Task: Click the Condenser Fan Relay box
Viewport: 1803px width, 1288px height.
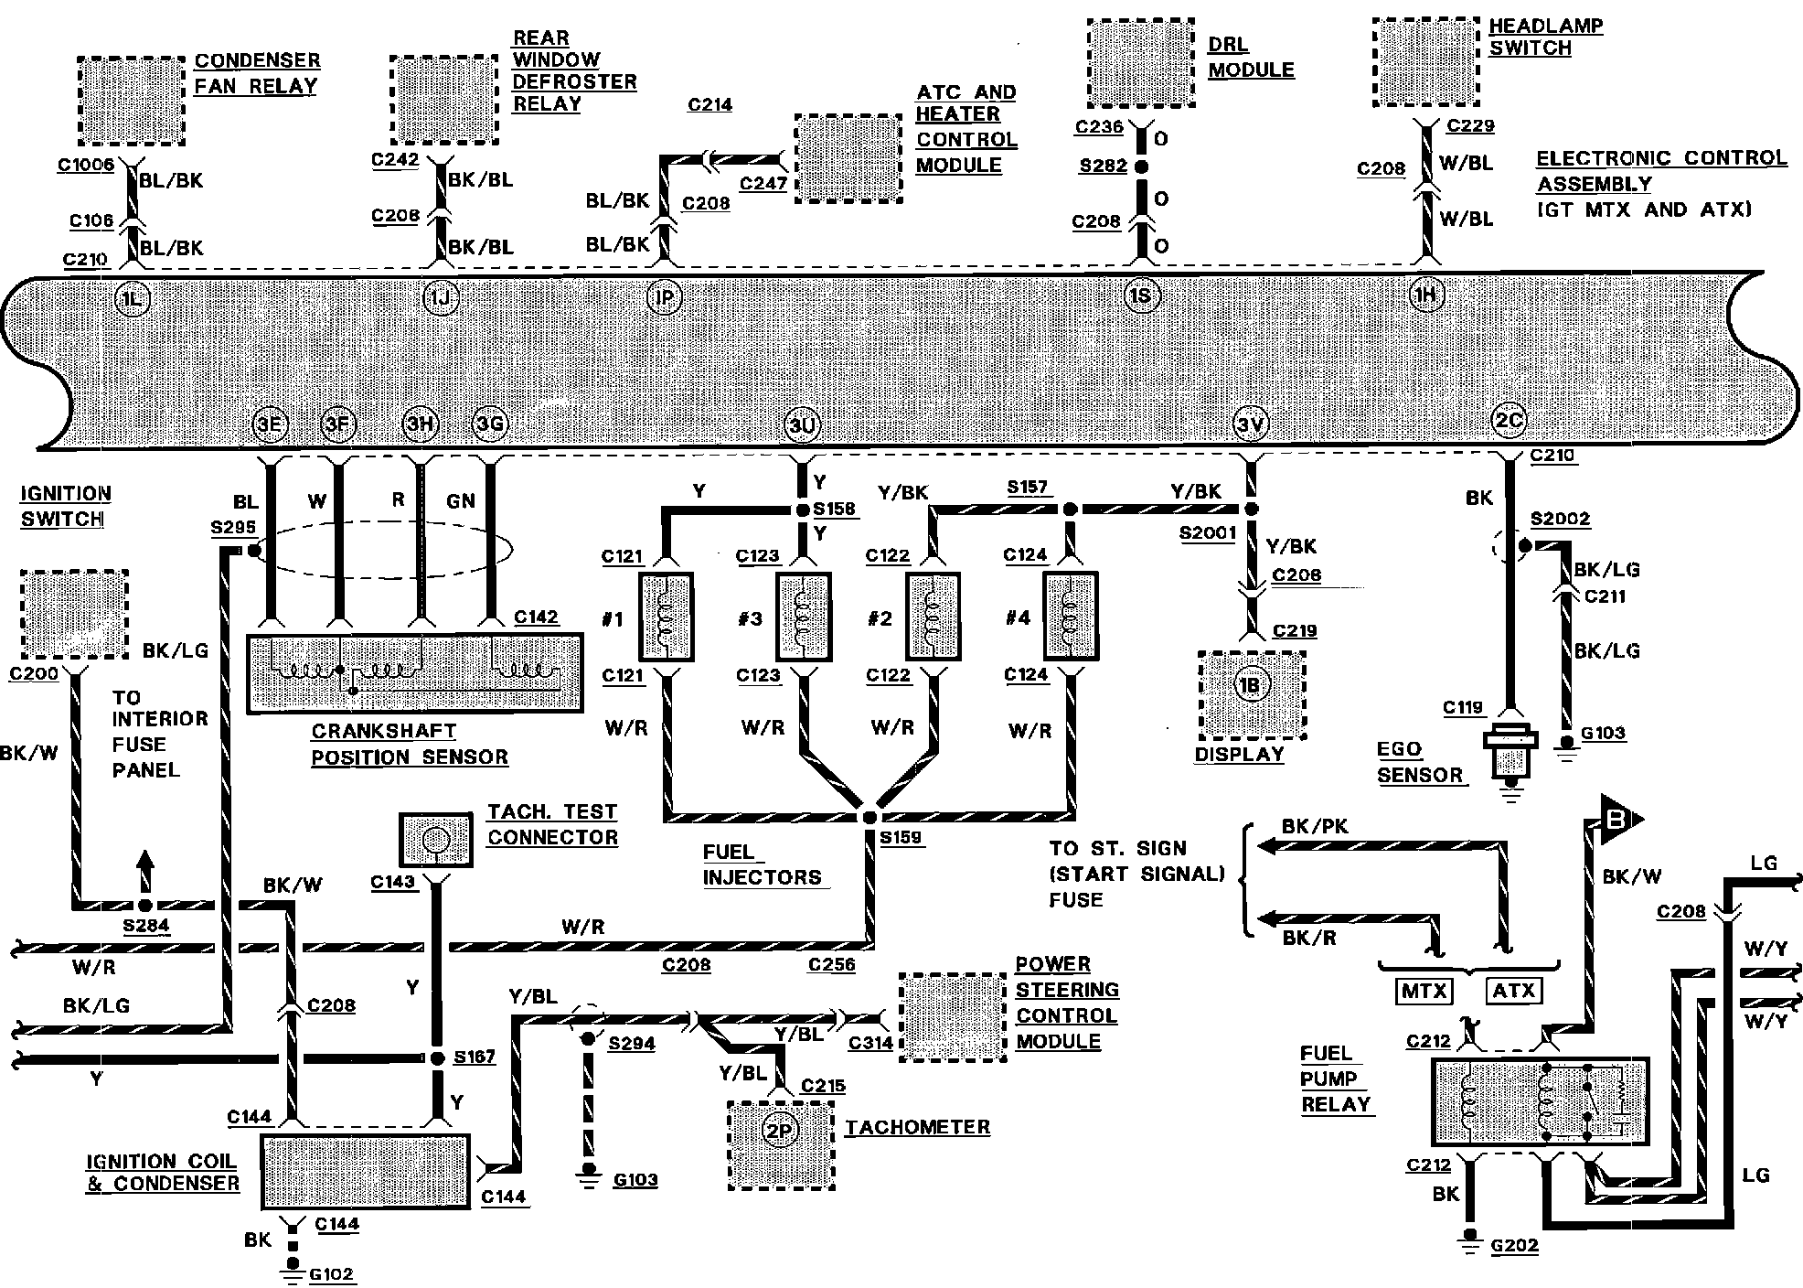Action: coord(131,100)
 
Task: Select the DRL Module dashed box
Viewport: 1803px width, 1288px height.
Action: coord(1140,63)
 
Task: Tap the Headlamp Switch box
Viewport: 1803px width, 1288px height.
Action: coord(1426,62)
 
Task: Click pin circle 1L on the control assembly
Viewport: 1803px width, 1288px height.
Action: coord(133,299)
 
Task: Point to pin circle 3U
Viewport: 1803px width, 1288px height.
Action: coord(802,425)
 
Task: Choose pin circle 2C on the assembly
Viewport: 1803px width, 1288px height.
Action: coord(1509,420)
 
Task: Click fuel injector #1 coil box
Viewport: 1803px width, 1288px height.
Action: coord(667,617)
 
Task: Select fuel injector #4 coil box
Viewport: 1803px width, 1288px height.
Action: coord(1071,617)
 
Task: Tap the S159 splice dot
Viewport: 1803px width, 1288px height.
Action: coord(869,817)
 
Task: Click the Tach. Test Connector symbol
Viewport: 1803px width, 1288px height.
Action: coord(435,839)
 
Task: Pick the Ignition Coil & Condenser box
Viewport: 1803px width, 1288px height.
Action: coord(365,1171)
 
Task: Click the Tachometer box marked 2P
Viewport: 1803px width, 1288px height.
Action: coord(781,1144)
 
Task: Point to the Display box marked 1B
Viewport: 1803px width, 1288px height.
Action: coord(1250,694)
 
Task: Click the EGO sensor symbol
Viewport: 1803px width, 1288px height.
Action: coord(1510,750)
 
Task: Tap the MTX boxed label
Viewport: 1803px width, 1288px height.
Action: coord(1424,991)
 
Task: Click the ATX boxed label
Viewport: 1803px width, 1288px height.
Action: coord(1514,991)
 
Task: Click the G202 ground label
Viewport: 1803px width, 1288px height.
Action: coord(1514,1245)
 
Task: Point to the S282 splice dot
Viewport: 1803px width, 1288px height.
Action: coord(1141,167)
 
